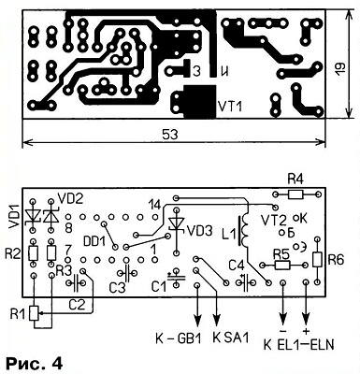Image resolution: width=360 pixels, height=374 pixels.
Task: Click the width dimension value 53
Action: pyautogui.click(x=170, y=136)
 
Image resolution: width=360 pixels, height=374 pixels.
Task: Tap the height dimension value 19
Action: pyautogui.click(x=339, y=68)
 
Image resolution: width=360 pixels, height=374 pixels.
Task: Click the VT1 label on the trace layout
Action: pyautogui.click(x=230, y=107)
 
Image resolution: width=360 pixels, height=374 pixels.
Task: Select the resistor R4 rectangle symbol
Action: pyautogui.click(x=295, y=194)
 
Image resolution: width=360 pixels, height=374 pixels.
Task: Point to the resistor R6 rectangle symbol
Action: pyautogui.click(x=317, y=259)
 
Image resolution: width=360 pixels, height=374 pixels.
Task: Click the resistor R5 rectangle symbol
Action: pyautogui.click(x=282, y=266)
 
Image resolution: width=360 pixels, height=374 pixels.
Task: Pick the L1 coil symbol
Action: pyautogui.click(x=243, y=231)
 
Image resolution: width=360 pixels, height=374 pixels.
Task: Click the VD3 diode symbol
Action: pyautogui.click(x=176, y=223)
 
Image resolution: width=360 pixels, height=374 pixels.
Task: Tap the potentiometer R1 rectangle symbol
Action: pyautogui.click(x=34, y=313)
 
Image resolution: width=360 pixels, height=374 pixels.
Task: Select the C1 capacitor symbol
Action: pyautogui.click(x=176, y=277)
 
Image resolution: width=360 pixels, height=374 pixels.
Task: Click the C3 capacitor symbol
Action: pyautogui.click(x=127, y=273)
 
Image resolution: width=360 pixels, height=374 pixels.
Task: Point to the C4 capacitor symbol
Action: pyautogui.click(x=246, y=282)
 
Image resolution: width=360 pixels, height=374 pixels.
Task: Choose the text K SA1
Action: pyautogui.click(x=231, y=338)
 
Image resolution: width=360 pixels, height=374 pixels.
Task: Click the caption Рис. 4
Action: pyautogui.click(x=35, y=363)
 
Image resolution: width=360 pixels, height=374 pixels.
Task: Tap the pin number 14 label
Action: pyautogui.click(x=155, y=205)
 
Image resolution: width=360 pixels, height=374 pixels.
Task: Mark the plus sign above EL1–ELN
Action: pyautogui.click(x=306, y=331)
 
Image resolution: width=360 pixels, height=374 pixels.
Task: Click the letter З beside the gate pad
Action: pyautogui.click(x=196, y=71)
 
